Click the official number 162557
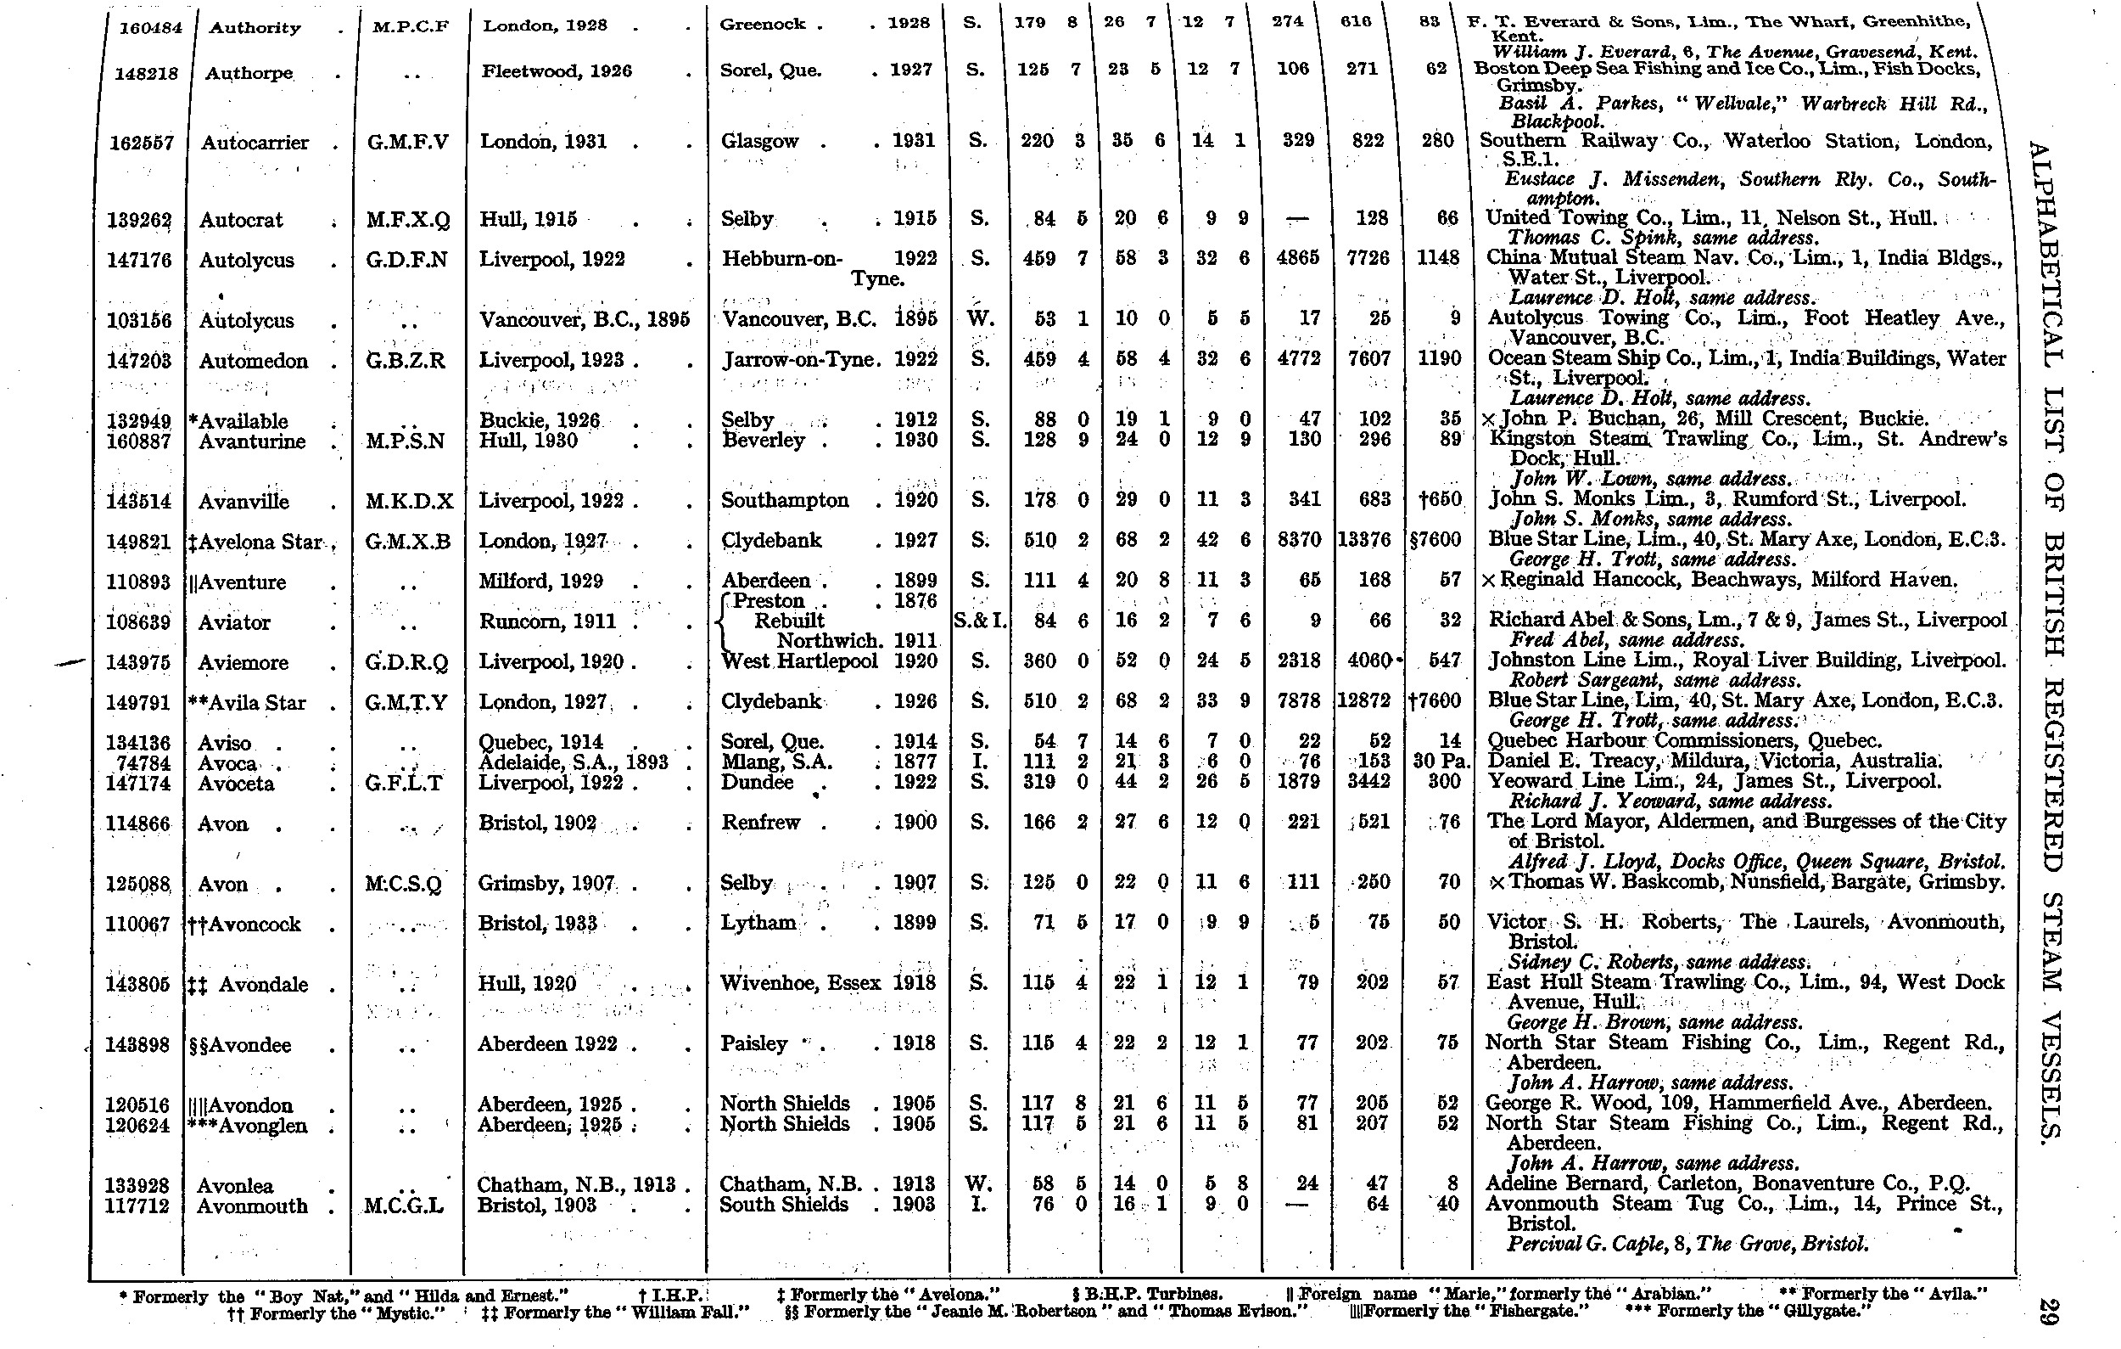pos(141,143)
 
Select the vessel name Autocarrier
pos(255,143)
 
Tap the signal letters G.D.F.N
pos(407,260)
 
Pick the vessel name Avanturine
pos(252,441)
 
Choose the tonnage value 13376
pos(1363,540)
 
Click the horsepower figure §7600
pos(1435,540)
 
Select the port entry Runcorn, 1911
pos(547,622)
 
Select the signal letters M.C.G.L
pos(405,1206)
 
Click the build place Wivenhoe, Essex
pos(800,983)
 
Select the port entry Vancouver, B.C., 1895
pos(584,320)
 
